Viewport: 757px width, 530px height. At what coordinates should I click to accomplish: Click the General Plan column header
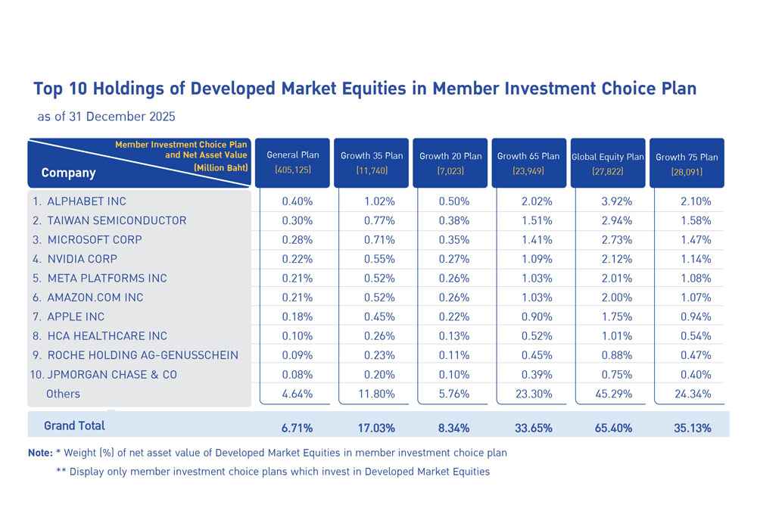(293, 162)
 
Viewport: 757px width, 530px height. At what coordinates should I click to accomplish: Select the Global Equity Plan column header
(607, 163)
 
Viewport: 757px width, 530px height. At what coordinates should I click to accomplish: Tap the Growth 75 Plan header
(687, 163)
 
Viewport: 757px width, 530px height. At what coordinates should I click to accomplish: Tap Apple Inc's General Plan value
(297, 316)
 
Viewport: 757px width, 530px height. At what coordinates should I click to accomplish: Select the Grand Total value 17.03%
(376, 428)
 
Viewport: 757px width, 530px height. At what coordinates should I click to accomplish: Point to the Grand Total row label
(74, 426)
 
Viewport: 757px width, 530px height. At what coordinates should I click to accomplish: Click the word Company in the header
(68, 173)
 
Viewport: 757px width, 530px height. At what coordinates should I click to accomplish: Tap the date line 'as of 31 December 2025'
(106, 117)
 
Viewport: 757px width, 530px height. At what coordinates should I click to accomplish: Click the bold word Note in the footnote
(40, 453)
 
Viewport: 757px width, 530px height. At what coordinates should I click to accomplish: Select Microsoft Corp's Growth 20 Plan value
(454, 239)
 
